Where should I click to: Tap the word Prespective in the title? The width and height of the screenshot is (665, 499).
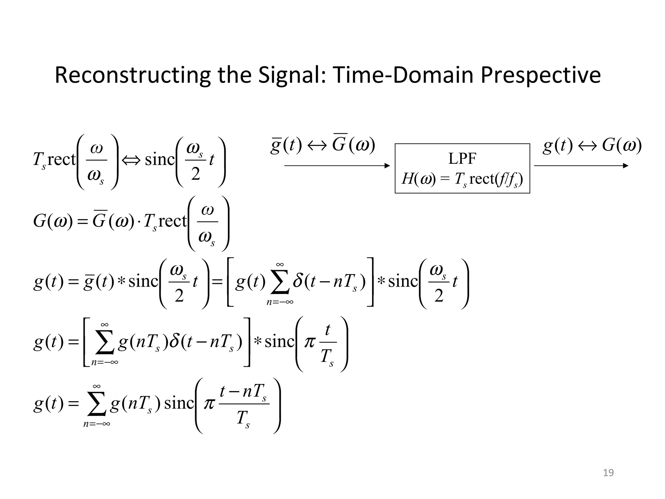tap(540, 75)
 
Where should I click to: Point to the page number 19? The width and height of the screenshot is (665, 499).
tap(608, 473)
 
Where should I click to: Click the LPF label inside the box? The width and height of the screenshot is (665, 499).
tap(462, 159)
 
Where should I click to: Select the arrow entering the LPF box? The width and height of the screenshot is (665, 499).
tap(337, 166)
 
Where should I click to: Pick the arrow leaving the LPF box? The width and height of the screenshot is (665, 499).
tap(581, 166)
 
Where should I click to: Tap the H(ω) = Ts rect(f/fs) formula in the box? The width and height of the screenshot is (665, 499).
tap(462, 179)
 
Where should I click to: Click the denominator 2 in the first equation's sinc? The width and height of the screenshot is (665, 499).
tap(195, 174)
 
